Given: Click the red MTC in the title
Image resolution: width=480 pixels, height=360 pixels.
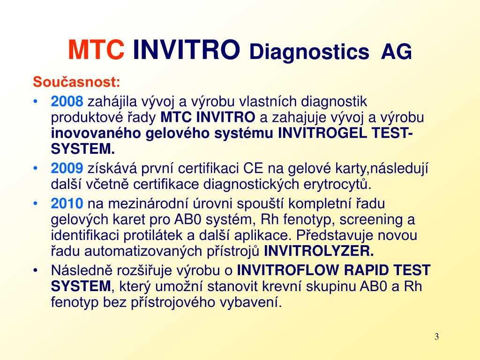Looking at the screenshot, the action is pyautogui.click(x=96, y=50).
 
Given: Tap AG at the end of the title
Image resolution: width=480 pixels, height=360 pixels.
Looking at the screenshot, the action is pyautogui.click(x=397, y=52).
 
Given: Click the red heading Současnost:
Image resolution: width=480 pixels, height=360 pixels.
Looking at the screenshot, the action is pyautogui.click(x=76, y=82).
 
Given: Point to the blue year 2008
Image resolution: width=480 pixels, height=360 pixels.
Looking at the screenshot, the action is pyautogui.click(x=67, y=101).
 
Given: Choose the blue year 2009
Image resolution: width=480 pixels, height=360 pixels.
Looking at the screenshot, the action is pyautogui.click(x=67, y=168).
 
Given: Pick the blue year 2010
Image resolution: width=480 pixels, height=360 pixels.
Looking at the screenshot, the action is pyautogui.click(x=67, y=203).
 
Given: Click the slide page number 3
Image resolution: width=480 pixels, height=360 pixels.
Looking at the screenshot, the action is pyautogui.click(x=436, y=337).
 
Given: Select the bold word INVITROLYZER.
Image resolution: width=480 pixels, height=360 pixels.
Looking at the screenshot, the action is pyautogui.click(x=319, y=251).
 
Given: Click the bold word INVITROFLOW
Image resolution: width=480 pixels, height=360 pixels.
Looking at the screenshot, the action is pyautogui.click(x=288, y=270).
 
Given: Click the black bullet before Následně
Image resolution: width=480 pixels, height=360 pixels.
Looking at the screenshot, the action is pyautogui.click(x=36, y=270).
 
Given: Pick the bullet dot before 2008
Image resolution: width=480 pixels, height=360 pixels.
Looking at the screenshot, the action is pyautogui.click(x=36, y=101).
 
